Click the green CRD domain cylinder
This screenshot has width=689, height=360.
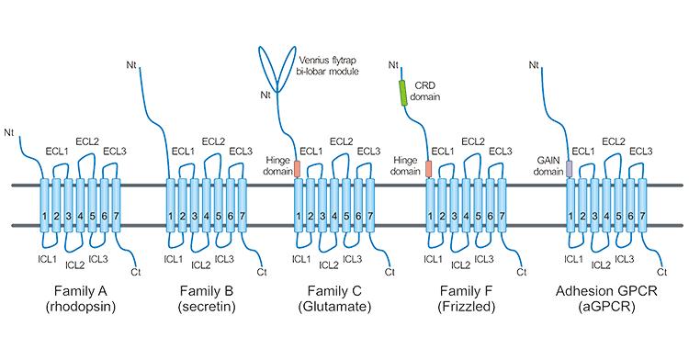(402, 93)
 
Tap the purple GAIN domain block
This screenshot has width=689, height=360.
(570, 169)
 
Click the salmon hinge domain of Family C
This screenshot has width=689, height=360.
(298, 169)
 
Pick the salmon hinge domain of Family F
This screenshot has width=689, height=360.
(429, 169)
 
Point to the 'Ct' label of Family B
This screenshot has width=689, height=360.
(261, 271)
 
